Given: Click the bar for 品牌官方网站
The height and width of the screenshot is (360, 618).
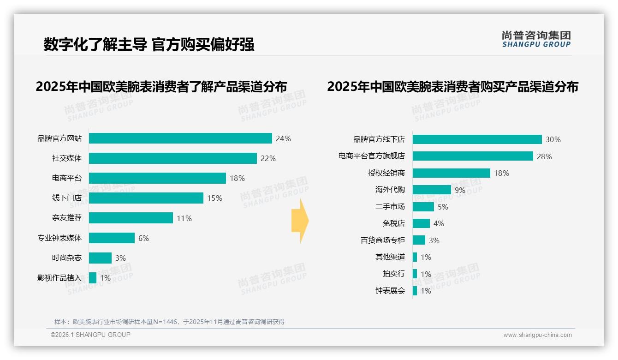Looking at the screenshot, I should (180, 138).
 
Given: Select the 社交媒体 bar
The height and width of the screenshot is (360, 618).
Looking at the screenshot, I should (172, 158).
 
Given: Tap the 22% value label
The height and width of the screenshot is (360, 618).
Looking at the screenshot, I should (268, 158).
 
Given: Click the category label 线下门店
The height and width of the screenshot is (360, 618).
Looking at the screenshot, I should (66, 198).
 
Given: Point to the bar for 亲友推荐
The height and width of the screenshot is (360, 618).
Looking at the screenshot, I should (131, 218).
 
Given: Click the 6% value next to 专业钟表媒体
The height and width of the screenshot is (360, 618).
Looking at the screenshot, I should (143, 238).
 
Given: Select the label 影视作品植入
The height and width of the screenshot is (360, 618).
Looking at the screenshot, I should (59, 278).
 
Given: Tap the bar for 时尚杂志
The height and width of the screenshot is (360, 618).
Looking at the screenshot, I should (100, 258).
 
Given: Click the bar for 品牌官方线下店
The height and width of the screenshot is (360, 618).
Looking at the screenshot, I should (477, 139).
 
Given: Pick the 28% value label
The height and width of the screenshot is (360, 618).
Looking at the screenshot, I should (544, 156).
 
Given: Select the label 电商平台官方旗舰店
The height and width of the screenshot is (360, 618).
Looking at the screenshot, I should (371, 156).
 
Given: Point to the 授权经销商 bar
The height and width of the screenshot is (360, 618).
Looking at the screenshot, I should (451, 173).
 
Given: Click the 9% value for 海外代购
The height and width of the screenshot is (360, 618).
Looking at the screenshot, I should (460, 190).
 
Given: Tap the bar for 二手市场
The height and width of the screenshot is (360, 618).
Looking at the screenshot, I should (423, 207).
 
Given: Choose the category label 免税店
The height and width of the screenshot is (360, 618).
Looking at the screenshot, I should (393, 223).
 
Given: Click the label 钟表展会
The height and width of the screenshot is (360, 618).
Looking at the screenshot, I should (390, 291).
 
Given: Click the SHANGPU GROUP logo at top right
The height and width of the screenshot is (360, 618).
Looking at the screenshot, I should (536, 39).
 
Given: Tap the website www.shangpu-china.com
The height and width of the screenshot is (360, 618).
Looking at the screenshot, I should (537, 335).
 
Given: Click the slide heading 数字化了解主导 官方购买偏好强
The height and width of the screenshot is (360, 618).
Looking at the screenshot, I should (149, 45).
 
